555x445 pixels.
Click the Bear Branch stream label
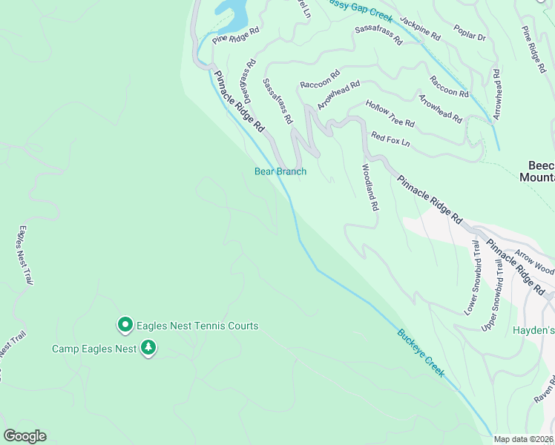point(280,171)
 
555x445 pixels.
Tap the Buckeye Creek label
point(421,352)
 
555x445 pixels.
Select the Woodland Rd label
point(370,187)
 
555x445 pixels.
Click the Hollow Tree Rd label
point(390,113)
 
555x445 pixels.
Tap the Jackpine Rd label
point(420,28)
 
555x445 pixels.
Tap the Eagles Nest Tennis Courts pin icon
point(125,325)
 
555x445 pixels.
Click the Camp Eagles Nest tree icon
point(148,348)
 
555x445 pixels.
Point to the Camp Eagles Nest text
point(93,349)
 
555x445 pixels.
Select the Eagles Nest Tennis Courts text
point(197,326)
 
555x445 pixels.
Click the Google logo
point(24,436)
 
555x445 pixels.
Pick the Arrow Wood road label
point(535,263)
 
